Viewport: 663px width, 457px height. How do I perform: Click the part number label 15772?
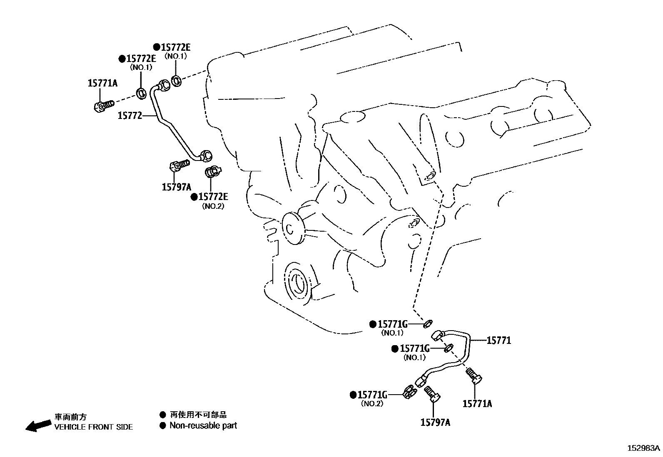(130, 116)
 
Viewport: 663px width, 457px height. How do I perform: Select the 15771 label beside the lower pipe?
(498, 341)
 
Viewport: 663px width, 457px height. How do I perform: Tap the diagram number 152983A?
(644, 448)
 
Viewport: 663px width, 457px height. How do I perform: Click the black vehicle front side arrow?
(37, 425)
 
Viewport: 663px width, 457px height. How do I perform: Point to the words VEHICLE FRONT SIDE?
(94, 427)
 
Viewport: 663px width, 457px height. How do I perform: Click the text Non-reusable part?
(203, 425)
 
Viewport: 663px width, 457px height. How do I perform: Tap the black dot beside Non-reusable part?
(163, 425)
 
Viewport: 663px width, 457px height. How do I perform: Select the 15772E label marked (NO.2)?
(213, 197)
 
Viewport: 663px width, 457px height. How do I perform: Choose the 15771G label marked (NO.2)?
(372, 394)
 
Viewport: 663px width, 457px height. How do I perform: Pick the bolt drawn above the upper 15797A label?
(179, 166)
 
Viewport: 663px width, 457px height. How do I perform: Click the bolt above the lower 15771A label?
(474, 375)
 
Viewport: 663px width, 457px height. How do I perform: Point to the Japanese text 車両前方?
(70, 417)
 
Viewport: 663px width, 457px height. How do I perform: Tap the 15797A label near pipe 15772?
(176, 187)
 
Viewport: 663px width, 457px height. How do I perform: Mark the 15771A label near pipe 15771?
(477, 403)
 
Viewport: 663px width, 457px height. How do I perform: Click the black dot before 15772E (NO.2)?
(194, 197)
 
